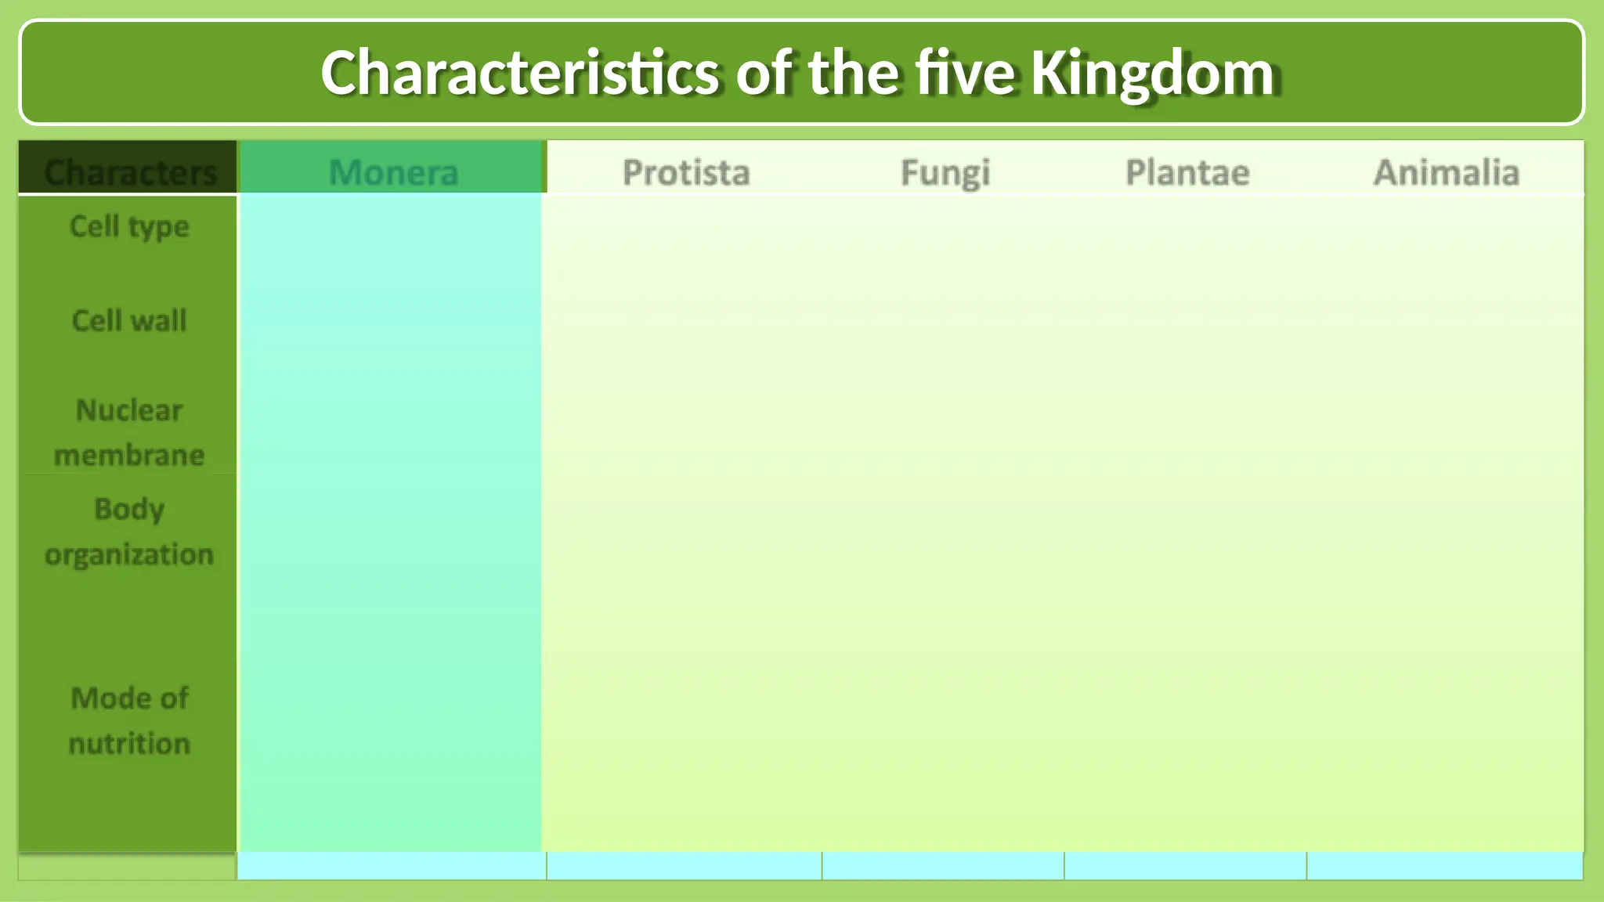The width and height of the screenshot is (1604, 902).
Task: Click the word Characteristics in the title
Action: tap(519, 73)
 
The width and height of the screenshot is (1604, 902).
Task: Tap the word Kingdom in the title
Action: tap(1152, 73)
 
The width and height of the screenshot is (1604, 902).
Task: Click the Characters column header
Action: tap(130, 172)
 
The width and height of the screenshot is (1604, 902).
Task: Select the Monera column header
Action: tap(393, 172)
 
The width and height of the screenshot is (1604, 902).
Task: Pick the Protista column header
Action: tap(686, 172)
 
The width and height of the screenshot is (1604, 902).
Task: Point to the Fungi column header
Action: tap(945, 172)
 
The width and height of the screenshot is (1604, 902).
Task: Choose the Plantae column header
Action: tap(1187, 172)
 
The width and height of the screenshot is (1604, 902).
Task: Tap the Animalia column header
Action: tap(1447, 172)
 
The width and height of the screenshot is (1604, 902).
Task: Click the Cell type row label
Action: tap(129, 227)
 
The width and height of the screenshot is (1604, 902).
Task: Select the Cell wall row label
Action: tap(129, 321)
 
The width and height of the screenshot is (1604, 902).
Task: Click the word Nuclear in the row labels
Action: tap(129, 410)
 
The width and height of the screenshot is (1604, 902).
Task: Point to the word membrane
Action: tap(129, 455)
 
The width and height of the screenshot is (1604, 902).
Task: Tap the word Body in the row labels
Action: tap(129, 509)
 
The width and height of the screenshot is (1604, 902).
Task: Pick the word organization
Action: tap(129, 554)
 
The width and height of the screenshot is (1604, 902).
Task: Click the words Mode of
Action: tap(129, 698)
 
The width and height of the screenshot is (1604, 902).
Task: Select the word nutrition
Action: tap(129, 743)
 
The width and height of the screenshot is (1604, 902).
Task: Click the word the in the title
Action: tap(854, 73)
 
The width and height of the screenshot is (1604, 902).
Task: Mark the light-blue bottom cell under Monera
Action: tap(392, 866)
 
